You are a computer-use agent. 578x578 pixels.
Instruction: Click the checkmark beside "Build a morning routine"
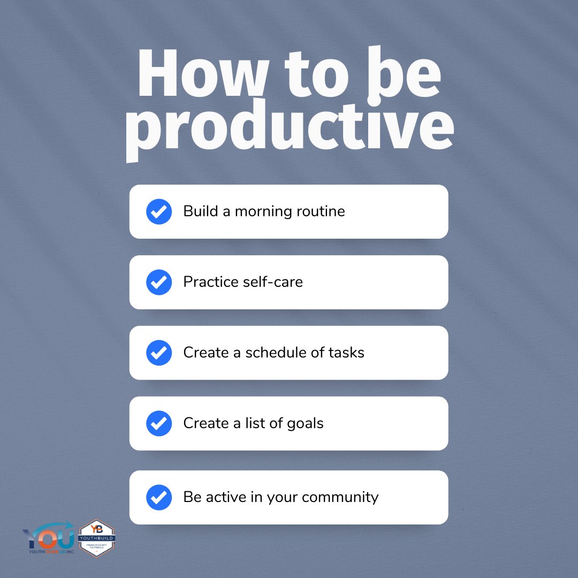[159, 211]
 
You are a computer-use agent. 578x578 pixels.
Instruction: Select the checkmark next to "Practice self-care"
[159, 282]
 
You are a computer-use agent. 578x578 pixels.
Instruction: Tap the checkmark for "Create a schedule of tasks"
[159, 353]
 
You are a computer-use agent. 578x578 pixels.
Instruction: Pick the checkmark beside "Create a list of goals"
[159, 423]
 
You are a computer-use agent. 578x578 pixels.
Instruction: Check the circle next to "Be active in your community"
[159, 497]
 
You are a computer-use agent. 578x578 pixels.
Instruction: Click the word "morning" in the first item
[263, 212]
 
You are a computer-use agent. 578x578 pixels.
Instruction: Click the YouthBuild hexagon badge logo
[97, 538]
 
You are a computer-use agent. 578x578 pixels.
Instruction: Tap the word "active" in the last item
[223, 497]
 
